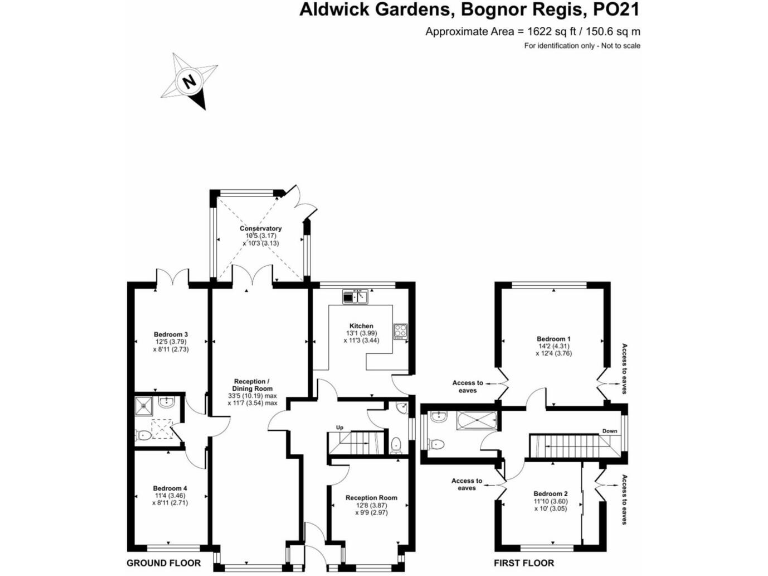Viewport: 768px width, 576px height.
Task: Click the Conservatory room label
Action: coord(260,229)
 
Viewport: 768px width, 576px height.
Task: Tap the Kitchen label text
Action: coord(361,326)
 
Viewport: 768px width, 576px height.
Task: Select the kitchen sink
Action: coord(356,296)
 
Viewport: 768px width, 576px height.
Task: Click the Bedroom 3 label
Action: coord(171,334)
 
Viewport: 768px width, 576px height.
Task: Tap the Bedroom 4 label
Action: coord(171,488)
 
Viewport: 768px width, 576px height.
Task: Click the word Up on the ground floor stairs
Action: coord(341,428)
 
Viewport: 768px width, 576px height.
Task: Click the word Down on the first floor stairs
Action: coord(609,432)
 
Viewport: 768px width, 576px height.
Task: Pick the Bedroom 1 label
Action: coord(553,338)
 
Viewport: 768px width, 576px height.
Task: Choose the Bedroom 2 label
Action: coord(550,494)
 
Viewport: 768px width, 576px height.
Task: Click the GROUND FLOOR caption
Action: coord(164,564)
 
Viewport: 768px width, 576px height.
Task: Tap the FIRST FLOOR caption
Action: coord(525,564)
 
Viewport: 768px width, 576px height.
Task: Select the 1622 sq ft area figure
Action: coord(546,32)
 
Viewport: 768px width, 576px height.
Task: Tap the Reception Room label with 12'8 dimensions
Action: coord(371,497)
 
